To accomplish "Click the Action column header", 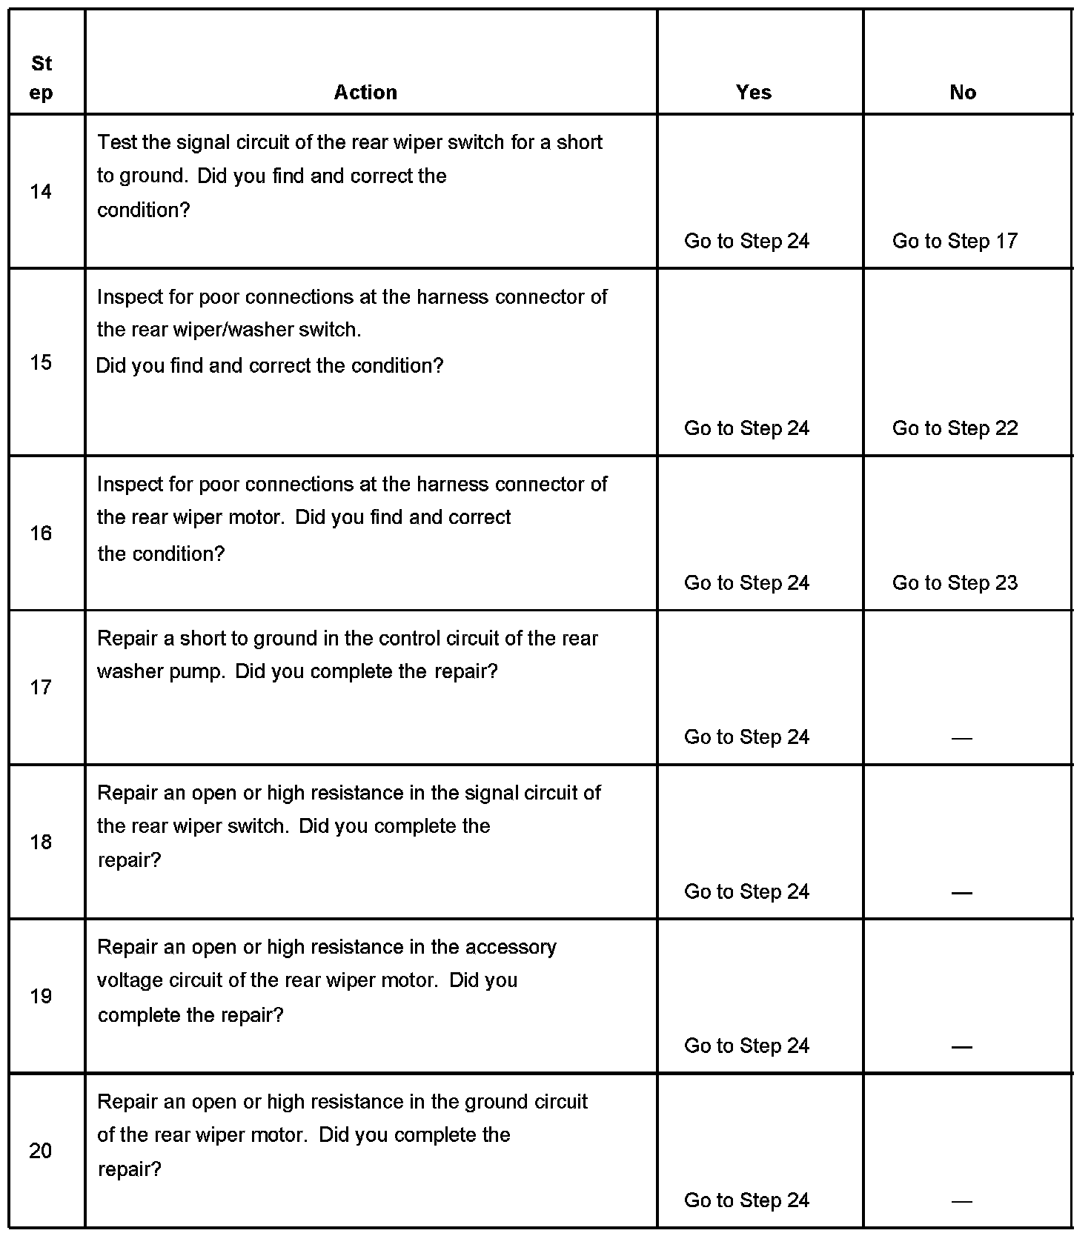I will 365,92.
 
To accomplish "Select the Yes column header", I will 754,92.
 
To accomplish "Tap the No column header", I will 963,92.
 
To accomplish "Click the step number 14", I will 41,192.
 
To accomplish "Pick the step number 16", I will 41,533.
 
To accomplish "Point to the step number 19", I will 41,996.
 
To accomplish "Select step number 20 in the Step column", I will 41,1151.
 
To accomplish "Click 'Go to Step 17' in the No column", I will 955,241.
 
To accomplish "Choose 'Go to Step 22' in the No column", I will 955,428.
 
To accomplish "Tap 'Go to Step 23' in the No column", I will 955,583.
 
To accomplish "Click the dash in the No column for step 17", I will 961,738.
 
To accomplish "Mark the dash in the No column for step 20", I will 961,1201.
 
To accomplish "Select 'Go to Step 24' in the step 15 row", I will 746,428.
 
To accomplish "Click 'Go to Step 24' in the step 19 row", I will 746,1046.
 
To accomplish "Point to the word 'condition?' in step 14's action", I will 144,210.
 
